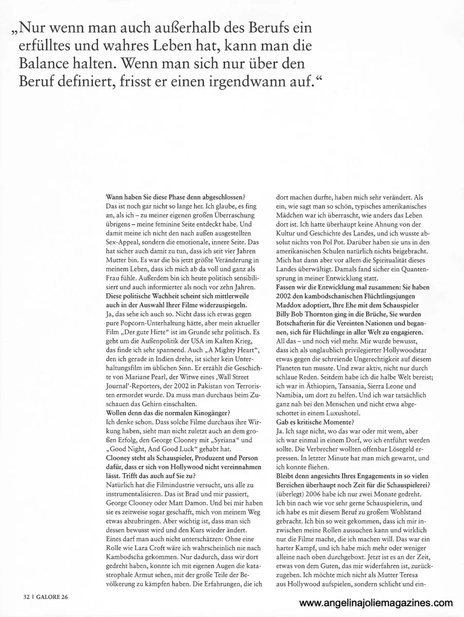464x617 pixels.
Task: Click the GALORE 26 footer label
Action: pyautogui.click(x=55, y=597)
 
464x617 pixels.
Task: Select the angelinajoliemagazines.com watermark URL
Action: pyautogui.click(x=376, y=604)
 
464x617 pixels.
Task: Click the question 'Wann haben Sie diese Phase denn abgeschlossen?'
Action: pyautogui.click(x=174, y=196)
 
